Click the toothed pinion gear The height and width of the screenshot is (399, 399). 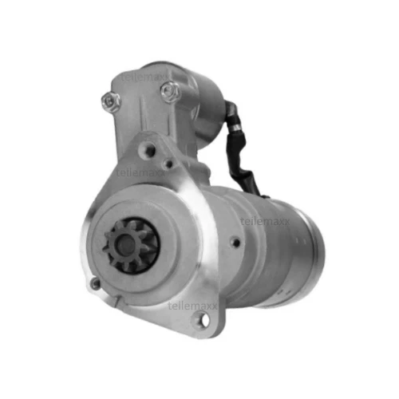[x=132, y=243]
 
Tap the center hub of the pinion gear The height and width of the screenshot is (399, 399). [x=132, y=243]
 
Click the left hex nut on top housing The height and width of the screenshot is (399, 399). [x=110, y=101]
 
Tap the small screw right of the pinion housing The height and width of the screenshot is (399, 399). [x=235, y=242]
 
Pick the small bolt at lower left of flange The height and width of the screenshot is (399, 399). [x=96, y=283]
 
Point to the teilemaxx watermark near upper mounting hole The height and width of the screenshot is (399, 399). [x=140, y=171]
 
